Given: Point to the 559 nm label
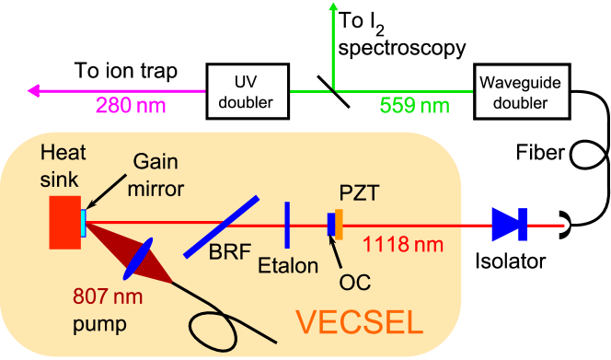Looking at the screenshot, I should (415, 105).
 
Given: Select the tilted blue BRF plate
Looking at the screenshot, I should (221, 226).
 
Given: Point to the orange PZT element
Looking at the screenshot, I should (340, 225).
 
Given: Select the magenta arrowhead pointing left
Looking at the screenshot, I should (35, 90).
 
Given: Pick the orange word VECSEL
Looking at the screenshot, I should (360, 321).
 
